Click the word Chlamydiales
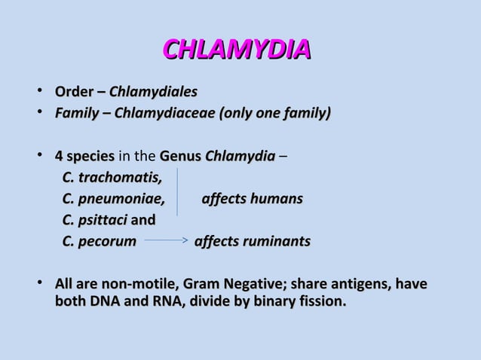tap(154, 93)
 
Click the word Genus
tap(179, 157)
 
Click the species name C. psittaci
tap(95, 221)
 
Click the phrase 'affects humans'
tap(252, 200)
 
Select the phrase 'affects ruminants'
tap(253, 242)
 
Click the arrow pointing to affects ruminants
tap(165, 242)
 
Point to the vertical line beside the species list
tap(177, 193)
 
